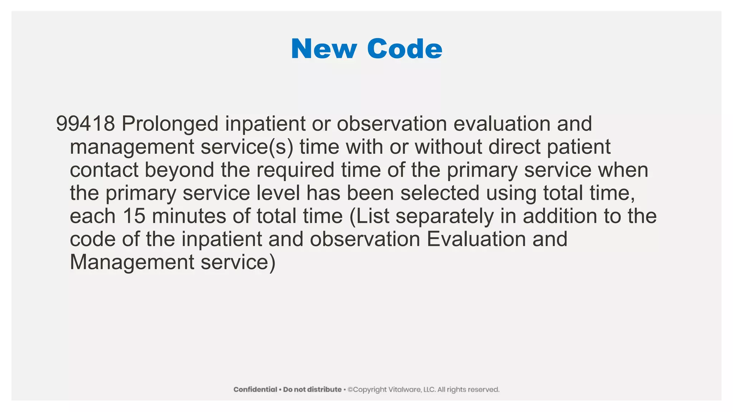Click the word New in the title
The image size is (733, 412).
pos(324,49)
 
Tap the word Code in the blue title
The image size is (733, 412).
pos(404,49)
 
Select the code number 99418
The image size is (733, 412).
pos(86,124)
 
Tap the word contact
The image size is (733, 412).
pos(104,170)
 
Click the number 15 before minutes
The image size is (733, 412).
pos(134,216)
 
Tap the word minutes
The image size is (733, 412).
pos(189,216)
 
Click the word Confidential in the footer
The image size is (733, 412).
pos(255,389)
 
